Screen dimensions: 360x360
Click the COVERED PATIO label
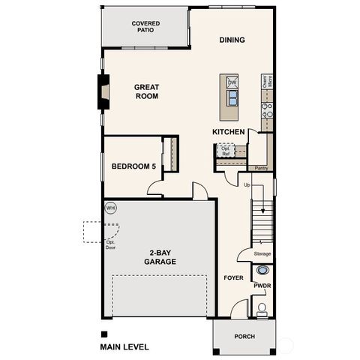coord(145,27)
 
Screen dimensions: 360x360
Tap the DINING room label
coord(232,40)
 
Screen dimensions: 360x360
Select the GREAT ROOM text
coord(146,91)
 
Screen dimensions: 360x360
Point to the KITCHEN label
coord(229,132)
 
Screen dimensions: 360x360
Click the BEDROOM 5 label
coord(133,166)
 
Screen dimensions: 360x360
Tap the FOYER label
coord(233,277)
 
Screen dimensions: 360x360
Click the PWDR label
coord(262,286)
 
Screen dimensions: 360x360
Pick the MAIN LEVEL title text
coord(124,347)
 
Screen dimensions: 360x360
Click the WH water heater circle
coord(111,208)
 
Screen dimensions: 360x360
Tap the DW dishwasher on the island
coord(232,82)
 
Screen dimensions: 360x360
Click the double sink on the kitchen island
coord(232,97)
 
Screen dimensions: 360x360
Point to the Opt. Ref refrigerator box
coord(225,149)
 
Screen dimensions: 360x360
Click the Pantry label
coord(261,168)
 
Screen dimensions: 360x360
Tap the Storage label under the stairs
coord(262,253)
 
